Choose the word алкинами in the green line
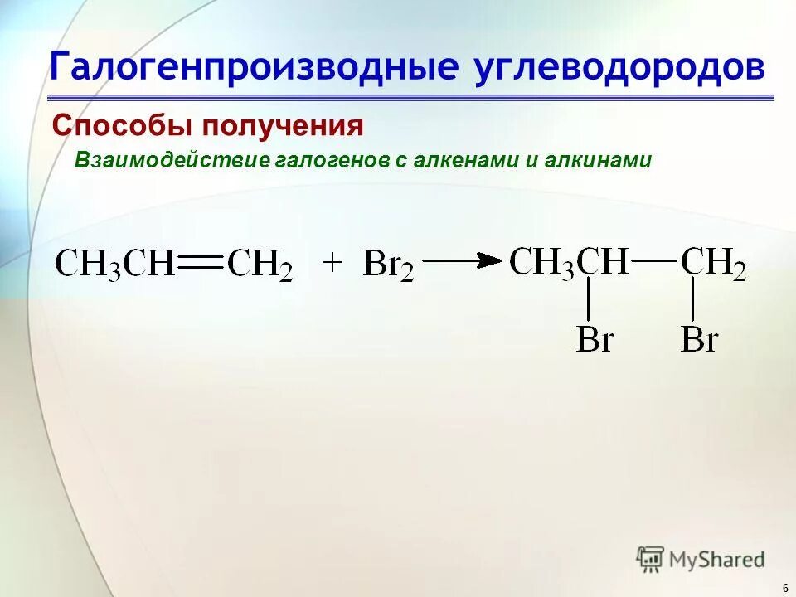(x=598, y=160)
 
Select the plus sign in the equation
(x=332, y=263)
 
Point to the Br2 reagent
(x=388, y=265)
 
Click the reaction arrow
(x=465, y=260)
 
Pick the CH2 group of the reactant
(x=260, y=265)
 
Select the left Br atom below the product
(x=594, y=340)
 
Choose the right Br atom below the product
(x=699, y=340)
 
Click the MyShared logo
(x=701, y=559)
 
